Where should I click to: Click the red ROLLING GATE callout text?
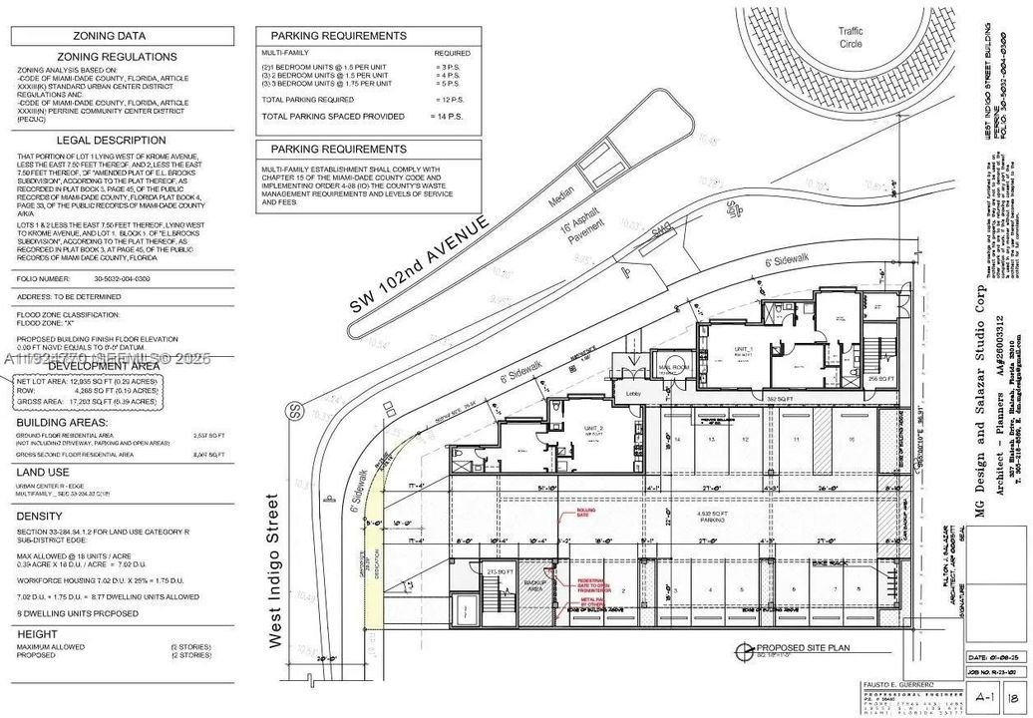pos(584,513)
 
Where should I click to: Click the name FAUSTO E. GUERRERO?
pos(898,686)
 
